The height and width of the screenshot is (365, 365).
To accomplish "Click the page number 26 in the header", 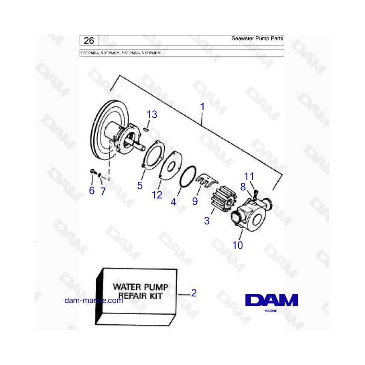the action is click(89, 41).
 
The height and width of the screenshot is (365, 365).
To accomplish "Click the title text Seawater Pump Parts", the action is click(257, 39).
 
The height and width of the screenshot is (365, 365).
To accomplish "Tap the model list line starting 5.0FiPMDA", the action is click(120, 53).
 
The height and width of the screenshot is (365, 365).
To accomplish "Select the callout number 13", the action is click(152, 114).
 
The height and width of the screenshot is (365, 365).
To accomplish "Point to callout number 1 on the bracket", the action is click(202, 107).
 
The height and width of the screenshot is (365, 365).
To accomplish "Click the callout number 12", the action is click(157, 195).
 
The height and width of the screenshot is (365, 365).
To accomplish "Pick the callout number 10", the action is click(237, 245).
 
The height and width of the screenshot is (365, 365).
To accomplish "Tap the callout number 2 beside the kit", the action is click(194, 293).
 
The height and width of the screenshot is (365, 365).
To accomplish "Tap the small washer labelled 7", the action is click(100, 175).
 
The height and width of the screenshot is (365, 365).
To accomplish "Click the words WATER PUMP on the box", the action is click(141, 287).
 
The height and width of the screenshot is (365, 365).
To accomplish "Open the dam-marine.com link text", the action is click(94, 301).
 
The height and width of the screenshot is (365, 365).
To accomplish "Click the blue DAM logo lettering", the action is click(272, 300).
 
